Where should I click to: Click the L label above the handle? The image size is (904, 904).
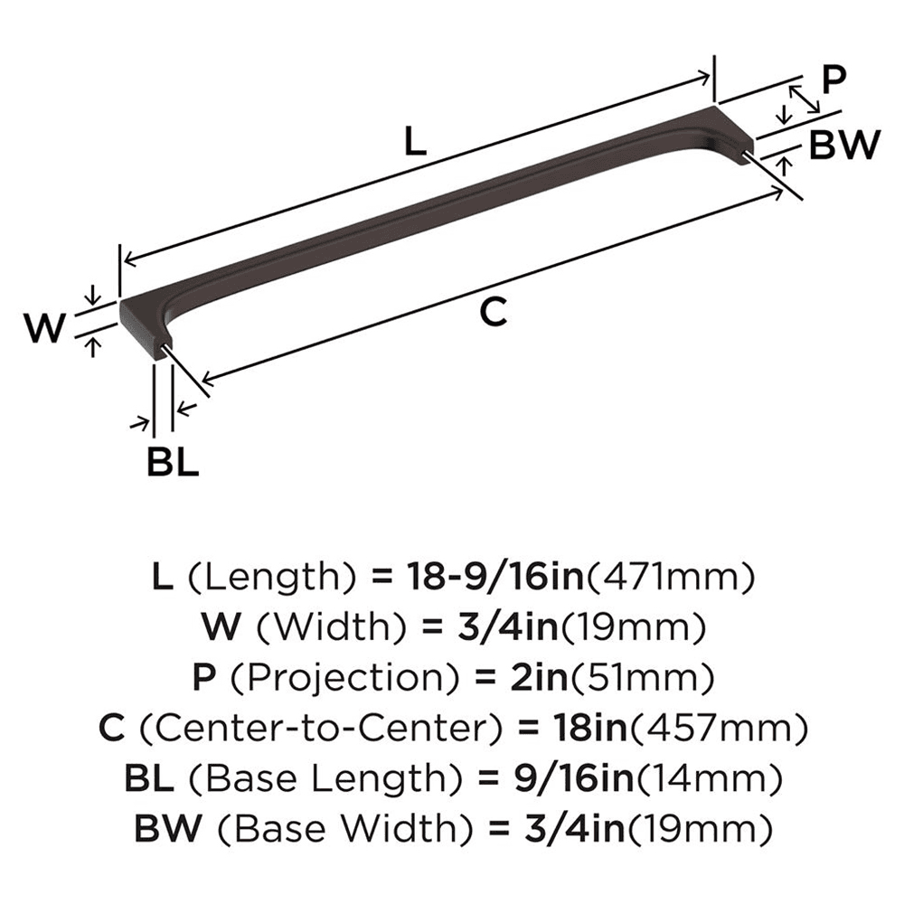coord(414,142)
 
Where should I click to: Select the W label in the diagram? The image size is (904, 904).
coord(44,328)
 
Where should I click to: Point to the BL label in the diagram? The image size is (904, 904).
coord(173,462)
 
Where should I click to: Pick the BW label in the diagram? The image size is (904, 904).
coord(844,144)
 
